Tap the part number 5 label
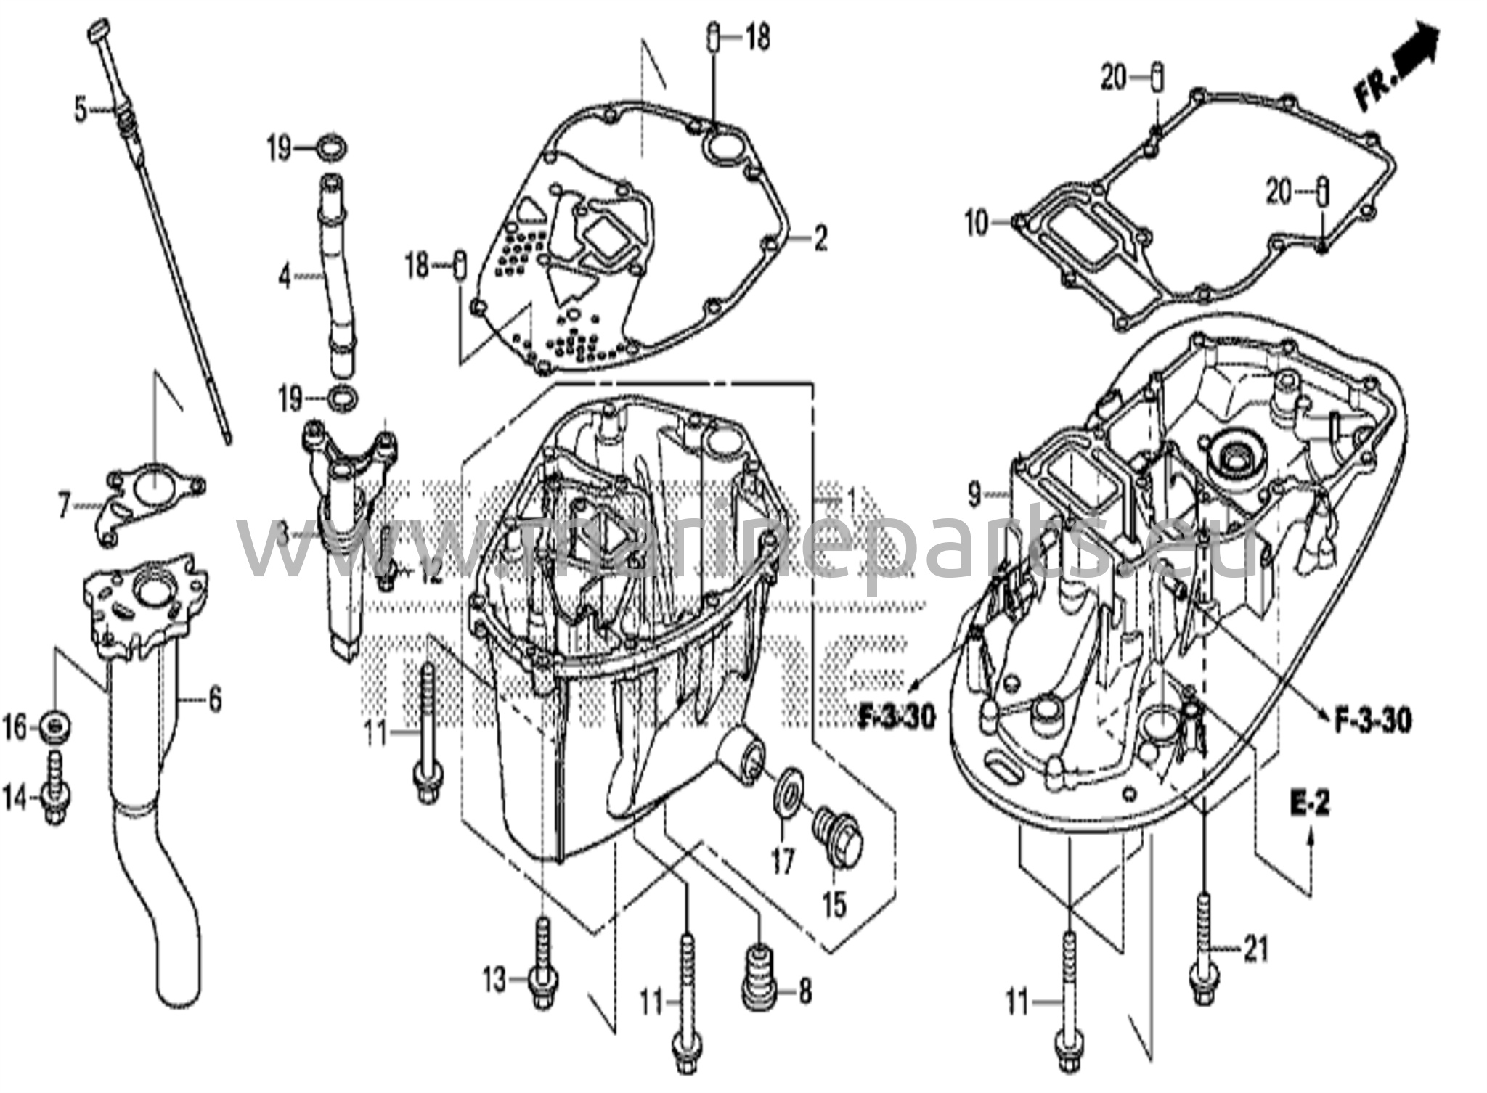coord(80,110)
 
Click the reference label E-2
coord(1310,803)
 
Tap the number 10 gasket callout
coord(977,223)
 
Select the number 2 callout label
coord(820,237)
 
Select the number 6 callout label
coord(214,700)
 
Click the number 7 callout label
coord(64,506)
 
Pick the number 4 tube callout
coord(285,277)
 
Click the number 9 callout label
coord(974,496)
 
